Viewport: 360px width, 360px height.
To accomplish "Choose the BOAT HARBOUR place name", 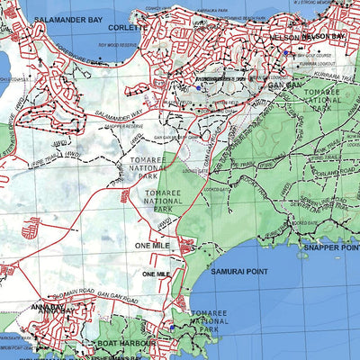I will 129,343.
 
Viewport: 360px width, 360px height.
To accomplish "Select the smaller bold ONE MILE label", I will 157,273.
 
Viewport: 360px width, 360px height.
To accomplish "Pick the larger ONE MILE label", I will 153,245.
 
